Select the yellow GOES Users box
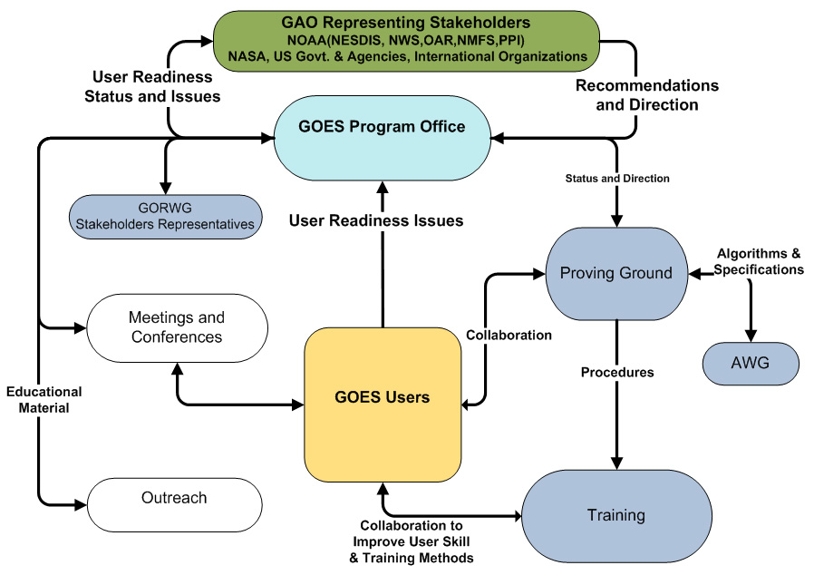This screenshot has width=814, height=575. pyautogui.click(x=383, y=397)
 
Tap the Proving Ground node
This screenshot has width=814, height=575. pyautogui.click(x=616, y=273)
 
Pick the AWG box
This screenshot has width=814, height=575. pyautogui.click(x=751, y=365)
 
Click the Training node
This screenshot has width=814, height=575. pyautogui.click(x=616, y=515)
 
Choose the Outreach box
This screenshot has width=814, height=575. pyautogui.click(x=174, y=499)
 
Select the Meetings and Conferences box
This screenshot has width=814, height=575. pyautogui.click(x=176, y=328)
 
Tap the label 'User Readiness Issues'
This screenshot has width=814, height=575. pyautogui.click(x=376, y=220)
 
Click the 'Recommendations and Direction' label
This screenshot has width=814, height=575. pyautogui.click(x=647, y=95)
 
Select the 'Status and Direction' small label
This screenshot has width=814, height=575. pyautogui.click(x=617, y=179)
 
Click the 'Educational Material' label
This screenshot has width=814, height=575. pyautogui.click(x=44, y=400)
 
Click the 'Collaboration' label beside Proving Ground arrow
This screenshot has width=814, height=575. pyautogui.click(x=509, y=335)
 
